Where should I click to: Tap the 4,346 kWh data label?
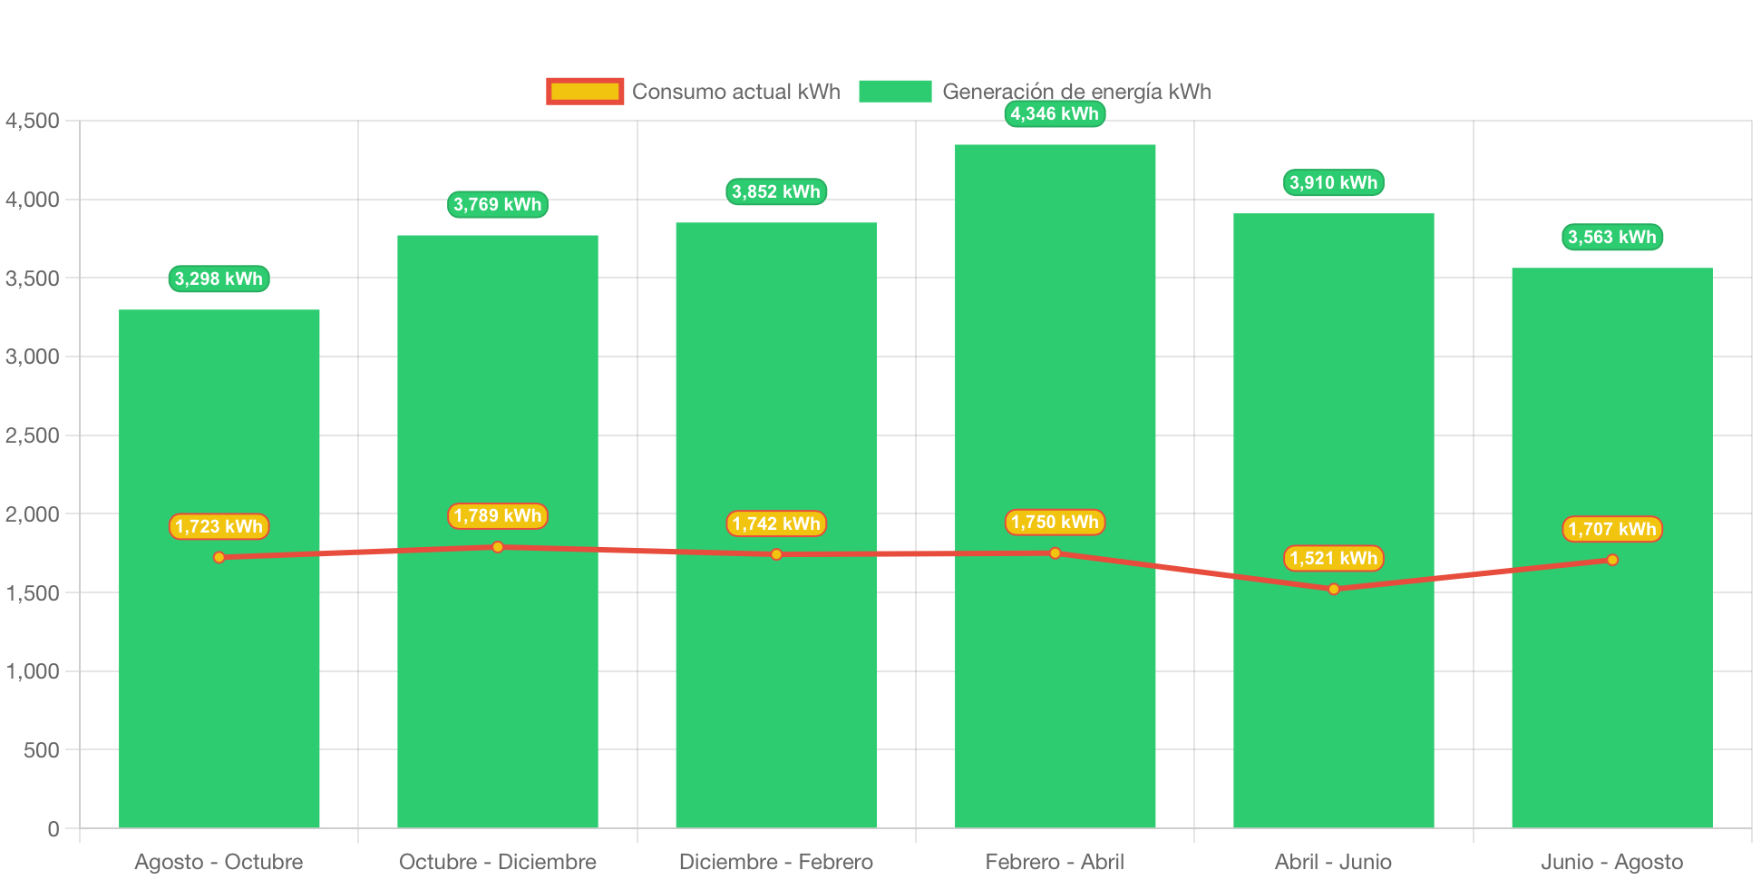click(x=1055, y=113)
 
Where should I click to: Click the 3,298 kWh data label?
click(x=219, y=279)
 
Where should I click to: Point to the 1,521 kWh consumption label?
click(x=1333, y=558)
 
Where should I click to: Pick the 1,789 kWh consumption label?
click(x=497, y=516)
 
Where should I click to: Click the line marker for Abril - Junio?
click(x=1333, y=589)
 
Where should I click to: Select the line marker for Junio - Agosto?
click(x=1611, y=560)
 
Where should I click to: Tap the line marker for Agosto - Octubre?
click(x=219, y=557)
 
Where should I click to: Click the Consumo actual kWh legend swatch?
click(x=585, y=92)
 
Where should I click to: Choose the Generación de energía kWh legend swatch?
click(x=895, y=92)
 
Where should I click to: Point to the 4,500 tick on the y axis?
click(x=33, y=121)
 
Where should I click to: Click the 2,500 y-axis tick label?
click(x=33, y=435)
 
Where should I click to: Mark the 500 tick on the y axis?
click(x=41, y=750)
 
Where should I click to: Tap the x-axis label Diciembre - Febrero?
click(x=776, y=862)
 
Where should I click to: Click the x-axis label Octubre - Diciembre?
click(x=497, y=862)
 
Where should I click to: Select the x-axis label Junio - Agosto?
click(x=1611, y=862)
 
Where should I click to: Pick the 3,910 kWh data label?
click(x=1333, y=182)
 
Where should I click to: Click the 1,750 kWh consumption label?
click(x=1055, y=522)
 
